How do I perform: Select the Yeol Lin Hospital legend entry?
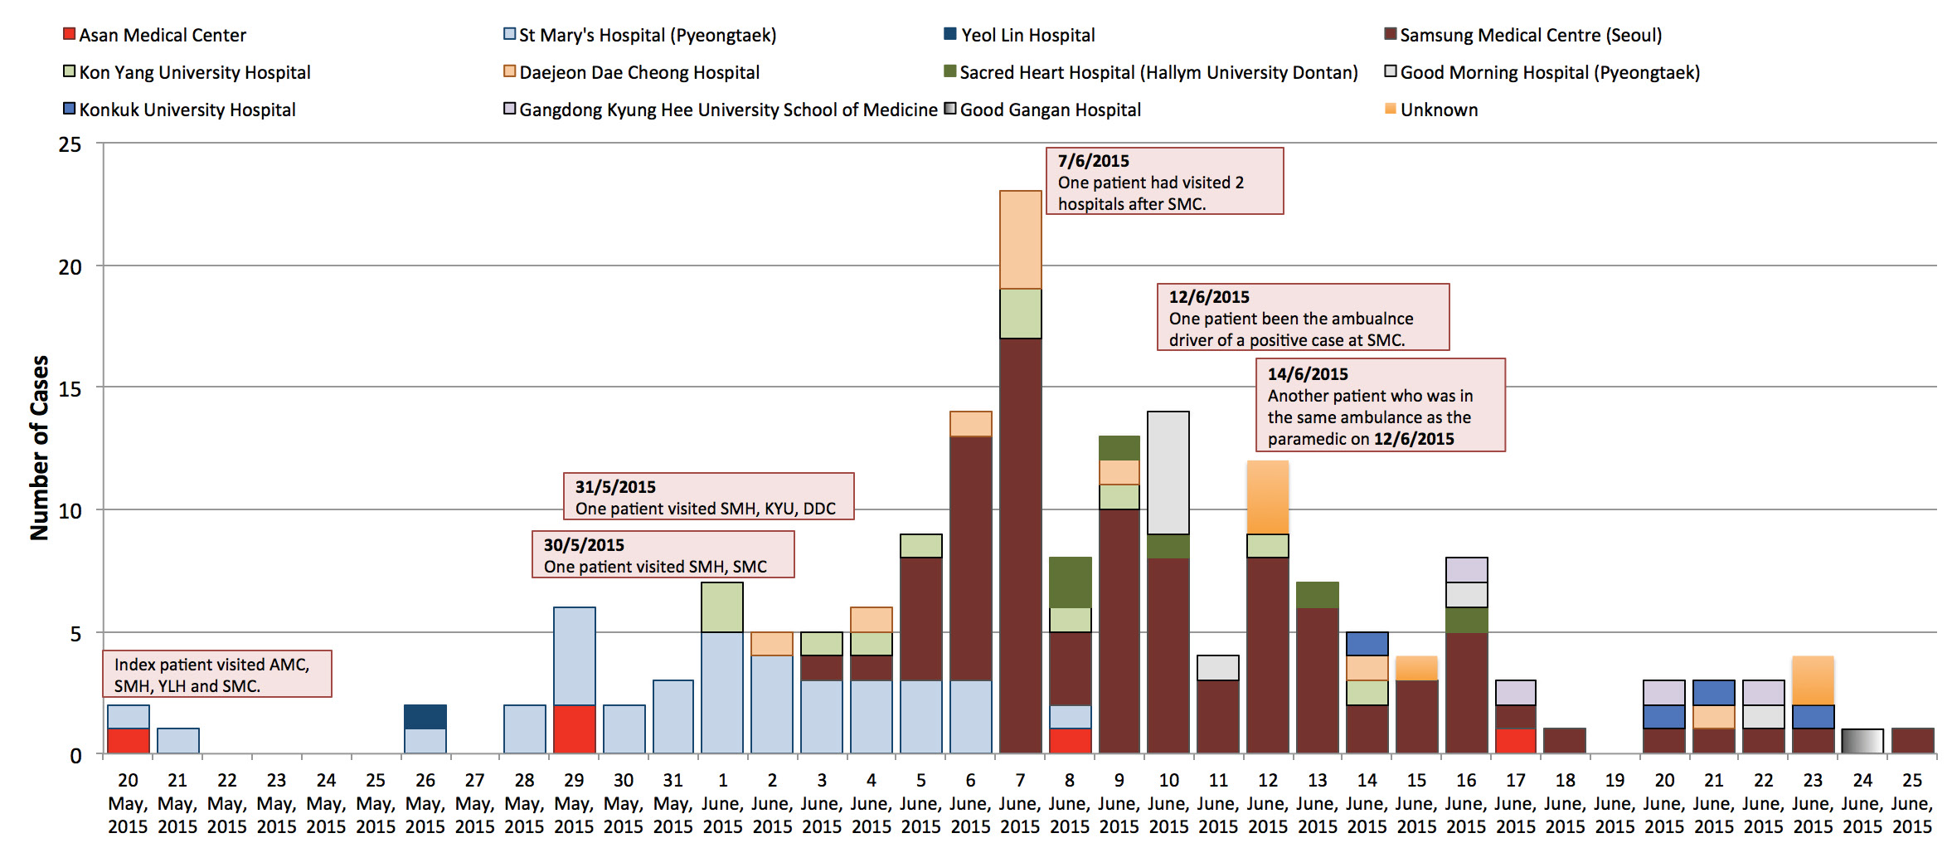[x=1019, y=35]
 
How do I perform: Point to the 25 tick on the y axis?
[x=70, y=144]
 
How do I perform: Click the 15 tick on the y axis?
[x=70, y=388]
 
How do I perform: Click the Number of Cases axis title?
[x=39, y=448]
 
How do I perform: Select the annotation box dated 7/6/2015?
[x=1164, y=181]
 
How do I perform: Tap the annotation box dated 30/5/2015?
[x=663, y=554]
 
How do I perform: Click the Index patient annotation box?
[x=216, y=674]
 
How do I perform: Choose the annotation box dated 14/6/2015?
[x=1380, y=405]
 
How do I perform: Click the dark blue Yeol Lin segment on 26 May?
[x=425, y=717]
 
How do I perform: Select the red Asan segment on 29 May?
[x=574, y=729]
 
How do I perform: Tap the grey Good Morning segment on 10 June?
[x=1168, y=473]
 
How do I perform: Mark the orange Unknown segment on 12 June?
[x=1267, y=497]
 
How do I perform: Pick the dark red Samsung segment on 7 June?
[x=1020, y=546]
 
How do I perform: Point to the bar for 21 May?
[x=177, y=741]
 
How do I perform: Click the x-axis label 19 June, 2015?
[x=1615, y=803]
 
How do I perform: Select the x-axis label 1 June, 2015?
[x=722, y=803]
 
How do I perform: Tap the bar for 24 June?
[x=1862, y=741]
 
